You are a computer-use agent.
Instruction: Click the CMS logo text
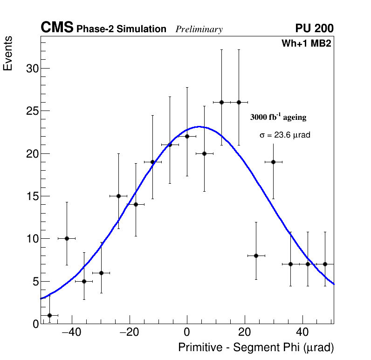point(57,28)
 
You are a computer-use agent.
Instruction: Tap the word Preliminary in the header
point(199,29)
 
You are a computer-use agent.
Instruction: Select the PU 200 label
point(314,28)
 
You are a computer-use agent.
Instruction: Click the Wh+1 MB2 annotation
point(306,44)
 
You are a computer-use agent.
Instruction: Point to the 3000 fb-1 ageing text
point(278,117)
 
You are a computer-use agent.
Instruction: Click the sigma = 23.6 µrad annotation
point(285,135)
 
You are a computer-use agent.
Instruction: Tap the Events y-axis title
point(8,54)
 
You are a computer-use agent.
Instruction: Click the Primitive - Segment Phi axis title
point(256,348)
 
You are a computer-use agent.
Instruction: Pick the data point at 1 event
point(49,315)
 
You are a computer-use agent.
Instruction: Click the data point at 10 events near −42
point(67,238)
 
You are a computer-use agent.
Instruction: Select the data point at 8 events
point(256,256)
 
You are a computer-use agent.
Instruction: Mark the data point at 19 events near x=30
point(273,162)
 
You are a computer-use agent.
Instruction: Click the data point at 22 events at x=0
point(187,136)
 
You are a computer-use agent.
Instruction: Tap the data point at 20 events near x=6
point(204,153)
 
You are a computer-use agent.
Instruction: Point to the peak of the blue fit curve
point(199,126)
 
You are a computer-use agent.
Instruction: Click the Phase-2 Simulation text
point(121,29)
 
